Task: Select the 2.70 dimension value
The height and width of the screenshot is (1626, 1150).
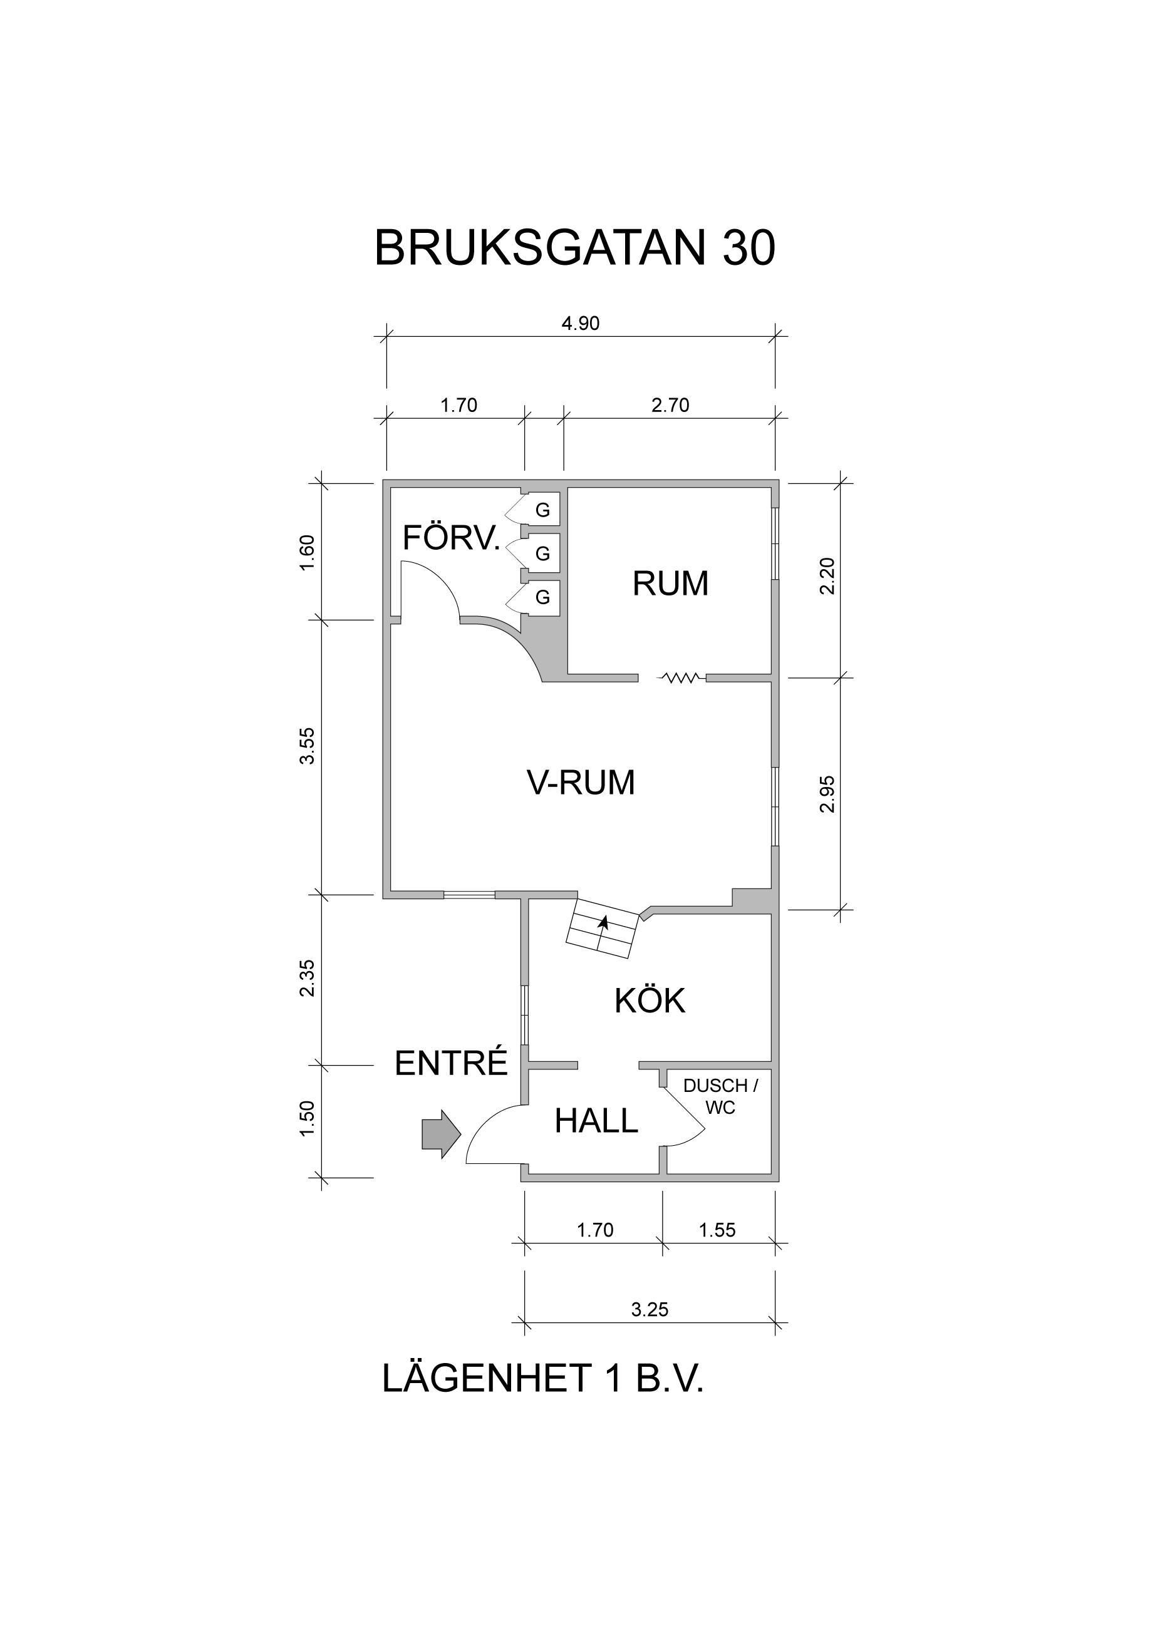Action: (x=670, y=405)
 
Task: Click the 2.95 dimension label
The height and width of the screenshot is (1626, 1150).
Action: (x=827, y=795)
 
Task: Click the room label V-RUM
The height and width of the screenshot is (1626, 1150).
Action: (x=581, y=783)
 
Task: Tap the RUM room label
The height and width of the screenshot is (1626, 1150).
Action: (x=670, y=584)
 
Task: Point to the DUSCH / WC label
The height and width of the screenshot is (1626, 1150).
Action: (x=720, y=1097)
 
